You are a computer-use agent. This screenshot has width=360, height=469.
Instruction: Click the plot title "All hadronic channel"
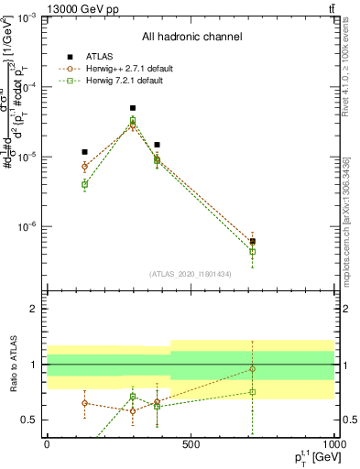coord(191,37)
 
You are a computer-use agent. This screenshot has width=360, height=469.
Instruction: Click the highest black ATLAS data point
coord(133,108)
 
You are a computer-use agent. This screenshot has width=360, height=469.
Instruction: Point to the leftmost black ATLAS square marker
coord(84,152)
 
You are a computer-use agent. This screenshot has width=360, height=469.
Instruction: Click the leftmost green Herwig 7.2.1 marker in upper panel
coord(84,184)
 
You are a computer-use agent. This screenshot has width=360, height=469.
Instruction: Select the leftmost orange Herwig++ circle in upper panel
coord(84,167)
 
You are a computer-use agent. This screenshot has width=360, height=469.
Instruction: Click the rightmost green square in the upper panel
coord(252,251)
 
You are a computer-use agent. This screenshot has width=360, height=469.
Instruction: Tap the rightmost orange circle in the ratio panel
coord(252,369)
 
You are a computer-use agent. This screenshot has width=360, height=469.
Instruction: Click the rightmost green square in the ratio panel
coord(252,392)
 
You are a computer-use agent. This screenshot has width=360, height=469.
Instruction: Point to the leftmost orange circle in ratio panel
coord(84,403)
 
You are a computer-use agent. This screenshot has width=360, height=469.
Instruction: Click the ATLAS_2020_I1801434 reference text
coord(191,274)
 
